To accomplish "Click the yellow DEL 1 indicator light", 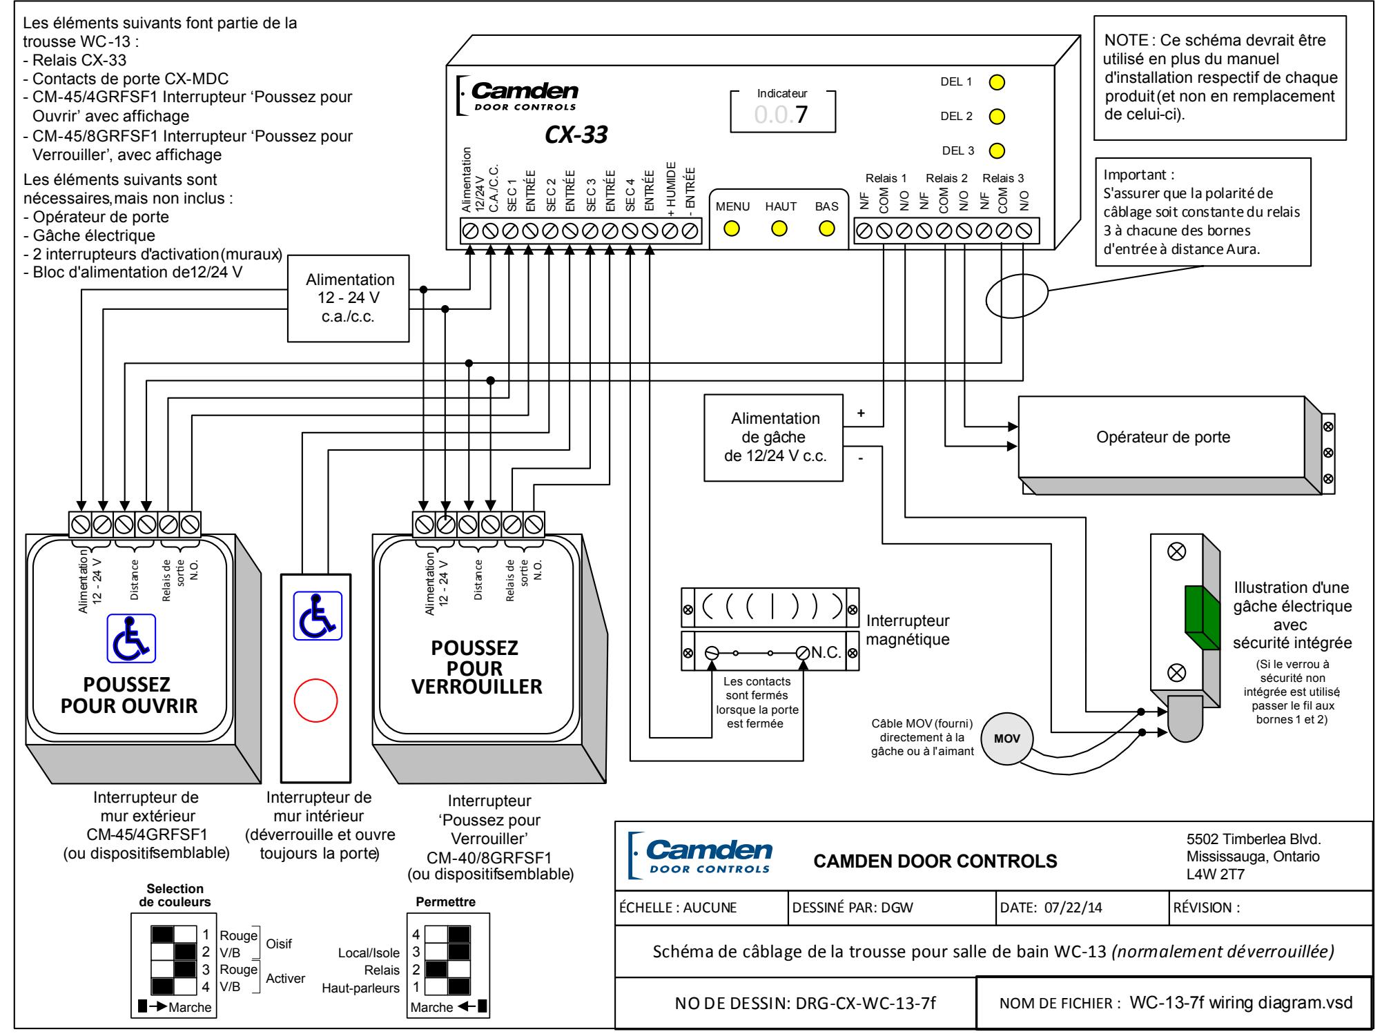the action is click(997, 82).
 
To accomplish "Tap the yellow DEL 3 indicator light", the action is click(997, 150).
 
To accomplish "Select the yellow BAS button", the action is click(826, 228).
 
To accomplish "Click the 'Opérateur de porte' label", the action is click(1163, 437).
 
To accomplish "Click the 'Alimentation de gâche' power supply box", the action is click(774, 438).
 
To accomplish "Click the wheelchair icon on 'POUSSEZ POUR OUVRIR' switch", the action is click(130, 639).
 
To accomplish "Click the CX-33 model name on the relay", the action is click(576, 135).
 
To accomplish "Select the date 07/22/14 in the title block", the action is click(1073, 908).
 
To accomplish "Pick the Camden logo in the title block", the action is click(702, 855).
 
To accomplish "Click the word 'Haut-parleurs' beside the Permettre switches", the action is click(361, 988).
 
